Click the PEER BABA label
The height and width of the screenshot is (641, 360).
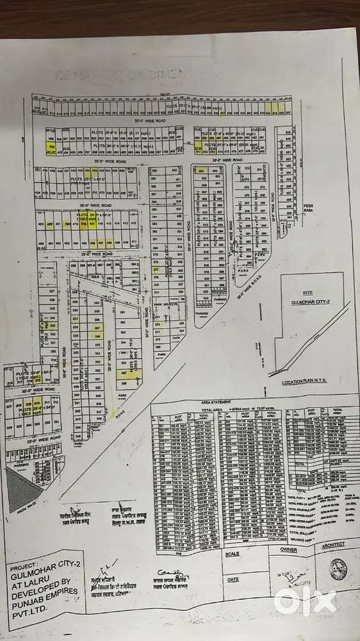[x=310, y=210]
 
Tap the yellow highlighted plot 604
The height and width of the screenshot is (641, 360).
[x=200, y=171]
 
